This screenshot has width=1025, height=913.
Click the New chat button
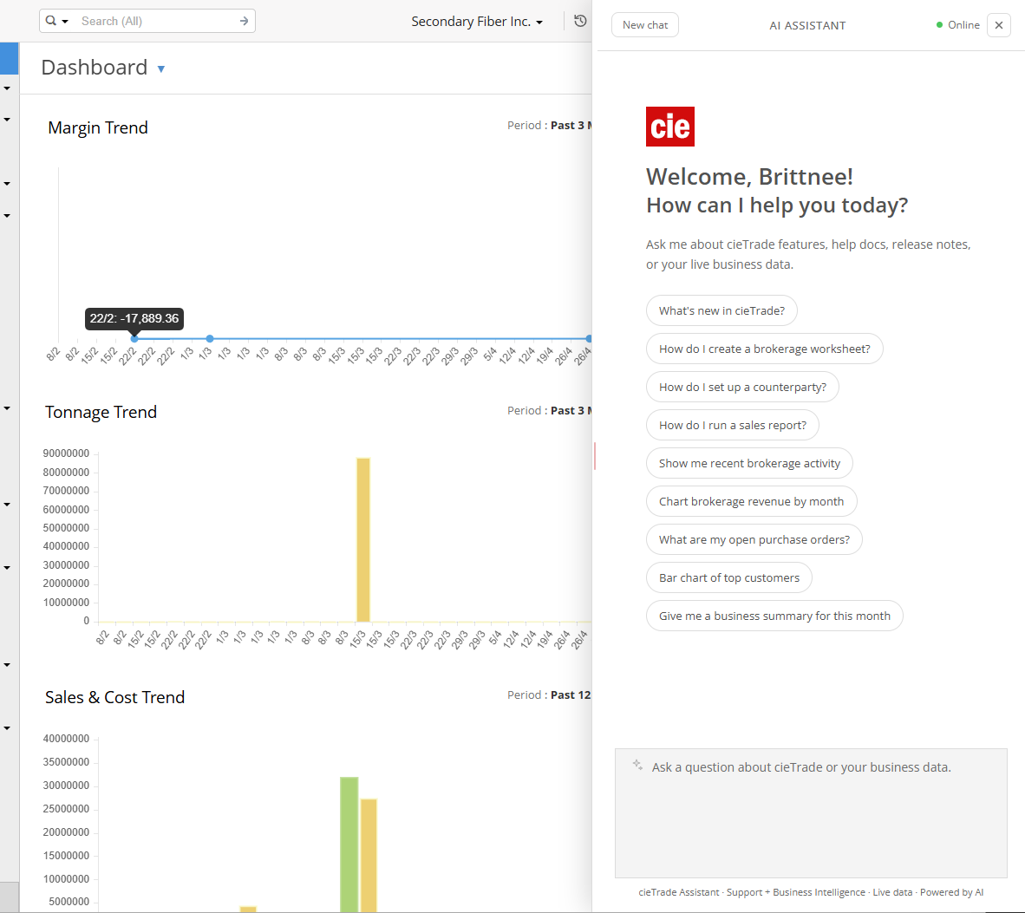click(x=644, y=25)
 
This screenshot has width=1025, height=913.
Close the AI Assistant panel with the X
click(x=998, y=25)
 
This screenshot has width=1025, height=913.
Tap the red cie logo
click(x=670, y=127)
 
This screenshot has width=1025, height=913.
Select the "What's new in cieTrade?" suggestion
click(x=721, y=310)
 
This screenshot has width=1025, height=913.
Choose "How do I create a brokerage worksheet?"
click(x=764, y=349)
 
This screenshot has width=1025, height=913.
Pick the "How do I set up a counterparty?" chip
click(x=742, y=387)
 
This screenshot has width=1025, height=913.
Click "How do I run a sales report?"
click(x=732, y=426)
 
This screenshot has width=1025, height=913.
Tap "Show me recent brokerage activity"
click(x=749, y=463)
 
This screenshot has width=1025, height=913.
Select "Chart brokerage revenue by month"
click(x=751, y=501)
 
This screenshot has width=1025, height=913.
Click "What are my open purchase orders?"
click(x=754, y=540)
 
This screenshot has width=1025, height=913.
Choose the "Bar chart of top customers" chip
click(x=729, y=577)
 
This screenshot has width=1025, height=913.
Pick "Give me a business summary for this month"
click(x=774, y=616)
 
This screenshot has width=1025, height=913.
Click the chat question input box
click(x=811, y=813)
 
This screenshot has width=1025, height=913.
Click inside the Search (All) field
click(x=157, y=21)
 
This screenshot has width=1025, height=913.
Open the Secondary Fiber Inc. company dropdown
click(x=477, y=22)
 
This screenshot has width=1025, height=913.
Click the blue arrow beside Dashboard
click(x=160, y=68)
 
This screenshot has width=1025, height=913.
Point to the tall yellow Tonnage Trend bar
click(x=363, y=540)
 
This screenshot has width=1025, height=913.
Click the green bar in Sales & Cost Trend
click(x=349, y=845)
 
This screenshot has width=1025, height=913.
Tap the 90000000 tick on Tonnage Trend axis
click(x=66, y=453)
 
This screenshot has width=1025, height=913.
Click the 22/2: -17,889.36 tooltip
click(x=134, y=319)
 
